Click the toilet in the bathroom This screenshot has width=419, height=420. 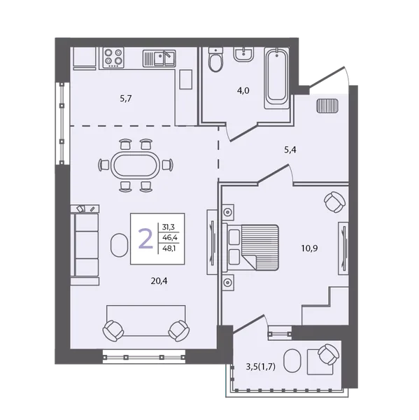tap(215, 59)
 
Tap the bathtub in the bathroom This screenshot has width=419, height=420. tap(277, 78)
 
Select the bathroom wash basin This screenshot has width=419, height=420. tap(243, 55)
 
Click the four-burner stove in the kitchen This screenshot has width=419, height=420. tap(113, 57)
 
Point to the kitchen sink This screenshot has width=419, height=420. tap(159, 58)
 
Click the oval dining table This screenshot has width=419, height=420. tap(136, 165)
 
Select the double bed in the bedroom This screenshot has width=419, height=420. tap(251, 247)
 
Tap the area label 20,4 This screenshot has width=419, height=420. tap(159, 281)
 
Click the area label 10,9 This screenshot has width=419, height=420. tap(309, 248)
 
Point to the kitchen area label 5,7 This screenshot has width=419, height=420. tap(126, 99)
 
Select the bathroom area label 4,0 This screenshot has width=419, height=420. tap(243, 90)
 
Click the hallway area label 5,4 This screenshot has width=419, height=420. tap(290, 150)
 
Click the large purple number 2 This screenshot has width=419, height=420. tap(145, 239)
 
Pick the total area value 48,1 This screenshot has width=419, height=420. tap(169, 248)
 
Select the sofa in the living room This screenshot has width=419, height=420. tap(85, 245)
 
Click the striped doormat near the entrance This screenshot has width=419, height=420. tap(327, 106)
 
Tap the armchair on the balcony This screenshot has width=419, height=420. tap(328, 354)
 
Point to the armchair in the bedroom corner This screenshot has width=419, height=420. tap(334, 202)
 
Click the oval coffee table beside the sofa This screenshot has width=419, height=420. tap(119, 245)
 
